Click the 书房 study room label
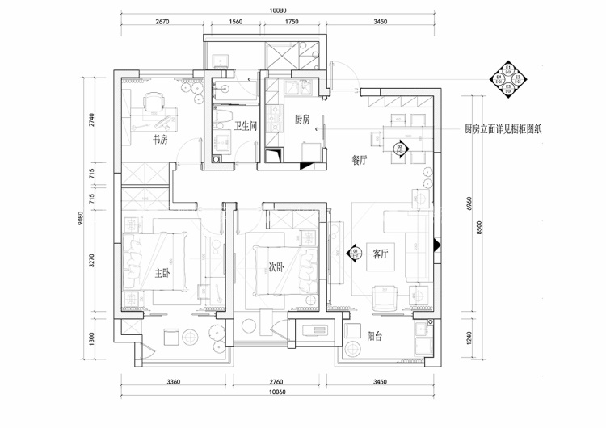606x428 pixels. (160, 139)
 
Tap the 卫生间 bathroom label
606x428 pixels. (246, 126)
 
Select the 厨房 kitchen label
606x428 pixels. (302, 120)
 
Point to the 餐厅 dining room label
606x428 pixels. (360, 159)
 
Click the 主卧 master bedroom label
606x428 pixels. (162, 272)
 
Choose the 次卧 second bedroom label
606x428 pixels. (276, 266)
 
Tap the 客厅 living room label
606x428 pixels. (381, 254)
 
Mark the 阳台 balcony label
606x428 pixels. (374, 337)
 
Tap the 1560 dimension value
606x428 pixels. (235, 23)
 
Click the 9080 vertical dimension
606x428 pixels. (82, 220)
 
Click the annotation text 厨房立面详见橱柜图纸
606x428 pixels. (504, 128)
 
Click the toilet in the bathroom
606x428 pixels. (221, 123)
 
